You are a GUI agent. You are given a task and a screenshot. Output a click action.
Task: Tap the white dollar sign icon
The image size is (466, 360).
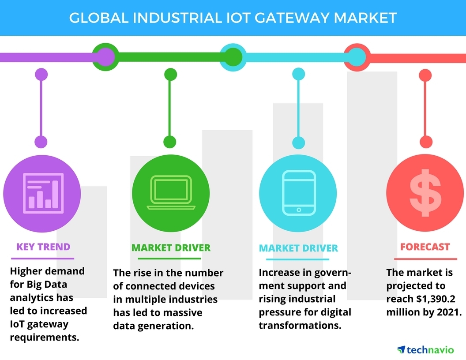425,193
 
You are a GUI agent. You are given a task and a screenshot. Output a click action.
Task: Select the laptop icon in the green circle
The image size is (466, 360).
171,192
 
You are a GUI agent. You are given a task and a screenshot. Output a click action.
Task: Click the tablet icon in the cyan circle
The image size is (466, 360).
298,193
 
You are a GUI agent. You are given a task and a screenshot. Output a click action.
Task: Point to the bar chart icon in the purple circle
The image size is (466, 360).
43,193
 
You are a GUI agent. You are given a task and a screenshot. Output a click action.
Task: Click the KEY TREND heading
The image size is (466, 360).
43,247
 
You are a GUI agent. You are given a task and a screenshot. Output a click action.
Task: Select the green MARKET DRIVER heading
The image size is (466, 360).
171,248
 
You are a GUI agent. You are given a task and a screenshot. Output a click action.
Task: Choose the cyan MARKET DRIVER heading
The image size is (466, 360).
298,248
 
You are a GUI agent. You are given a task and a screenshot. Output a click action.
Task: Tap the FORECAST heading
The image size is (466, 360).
425,247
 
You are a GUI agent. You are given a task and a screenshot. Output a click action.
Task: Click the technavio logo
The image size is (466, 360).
425,350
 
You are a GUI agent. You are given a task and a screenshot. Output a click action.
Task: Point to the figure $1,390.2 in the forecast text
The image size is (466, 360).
436,299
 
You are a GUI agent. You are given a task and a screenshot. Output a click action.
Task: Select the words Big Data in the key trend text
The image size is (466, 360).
47,285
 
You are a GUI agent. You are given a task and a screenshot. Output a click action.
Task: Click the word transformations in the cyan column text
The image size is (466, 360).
300,325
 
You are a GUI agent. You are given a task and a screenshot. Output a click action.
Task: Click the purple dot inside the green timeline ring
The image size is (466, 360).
105,57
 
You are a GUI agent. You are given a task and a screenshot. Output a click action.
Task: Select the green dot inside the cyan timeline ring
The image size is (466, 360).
233,57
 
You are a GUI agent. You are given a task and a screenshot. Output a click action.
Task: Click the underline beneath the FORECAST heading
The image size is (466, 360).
425,259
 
